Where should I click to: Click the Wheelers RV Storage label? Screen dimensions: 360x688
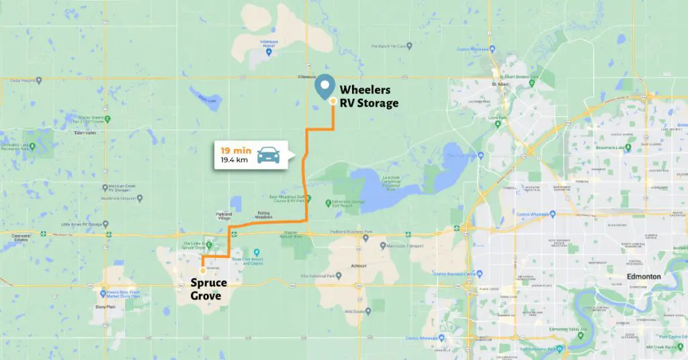368,96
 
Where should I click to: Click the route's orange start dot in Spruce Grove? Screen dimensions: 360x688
203,271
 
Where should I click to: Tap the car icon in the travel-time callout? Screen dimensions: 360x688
268,156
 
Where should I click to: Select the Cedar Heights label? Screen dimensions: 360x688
21,80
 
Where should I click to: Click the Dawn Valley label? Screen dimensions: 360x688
85,132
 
